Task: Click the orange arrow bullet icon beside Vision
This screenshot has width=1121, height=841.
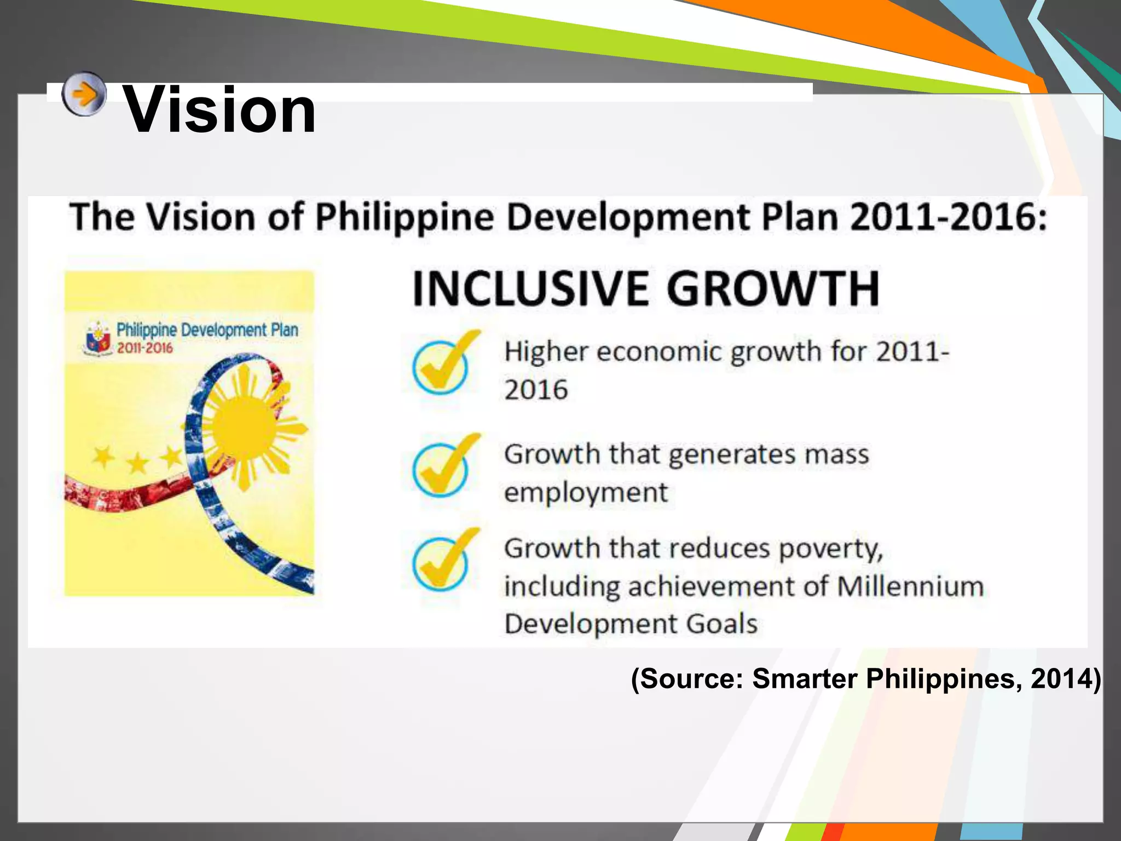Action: pyautogui.click(x=83, y=94)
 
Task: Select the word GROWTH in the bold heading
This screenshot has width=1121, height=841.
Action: pyautogui.click(x=772, y=289)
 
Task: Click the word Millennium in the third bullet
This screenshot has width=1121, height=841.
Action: pyautogui.click(x=910, y=586)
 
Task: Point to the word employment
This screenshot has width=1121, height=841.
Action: pyautogui.click(x=586, y=492)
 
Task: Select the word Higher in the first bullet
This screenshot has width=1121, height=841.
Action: pyautogui.click(x=546, y=352)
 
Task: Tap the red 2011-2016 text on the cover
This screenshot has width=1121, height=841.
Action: pyautogui.click(x=145, y=348)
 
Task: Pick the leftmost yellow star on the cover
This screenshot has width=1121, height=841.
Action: pyautogui.click(x=103, y=456)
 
